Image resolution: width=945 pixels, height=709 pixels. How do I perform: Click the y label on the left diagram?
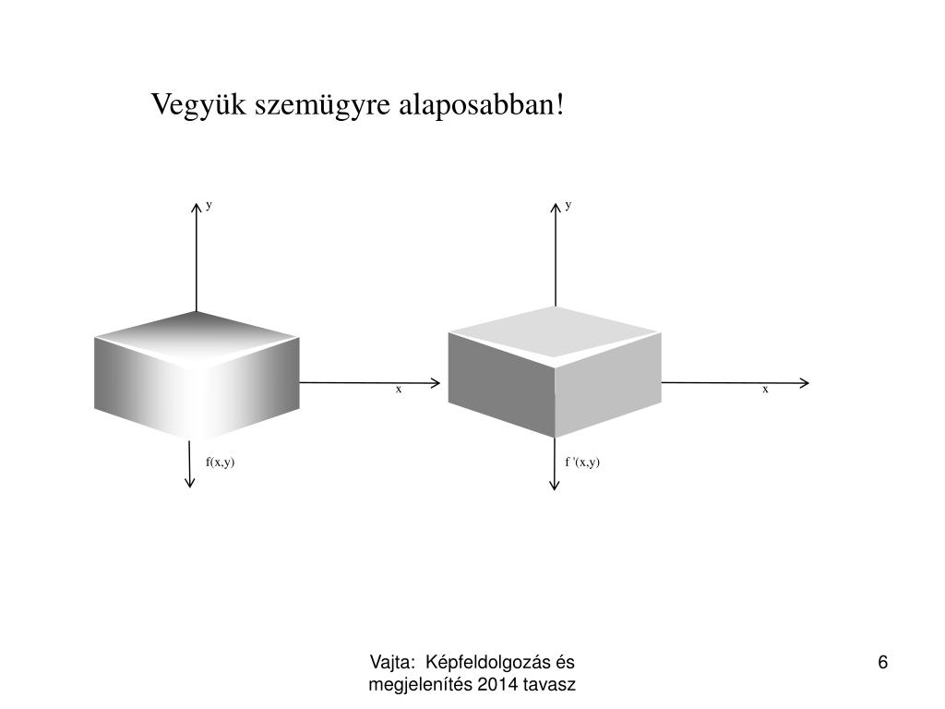tap(209, 205)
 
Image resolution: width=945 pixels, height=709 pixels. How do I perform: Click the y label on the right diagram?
tap(568, 205)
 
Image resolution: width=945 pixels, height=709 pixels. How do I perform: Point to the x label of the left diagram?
tap(399, 390)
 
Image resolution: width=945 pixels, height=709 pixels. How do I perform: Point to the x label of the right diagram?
tap(765, 390)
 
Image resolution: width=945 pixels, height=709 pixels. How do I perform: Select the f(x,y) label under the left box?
tap(220, 462)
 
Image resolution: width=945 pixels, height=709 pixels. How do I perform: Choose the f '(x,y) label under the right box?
tap(582, 462)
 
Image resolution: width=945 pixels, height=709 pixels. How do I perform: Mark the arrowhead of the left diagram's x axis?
tap(436, 382)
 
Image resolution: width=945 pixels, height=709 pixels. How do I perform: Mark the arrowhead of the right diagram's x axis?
tap(805, 382)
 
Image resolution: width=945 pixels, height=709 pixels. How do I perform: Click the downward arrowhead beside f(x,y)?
tap(190, 482)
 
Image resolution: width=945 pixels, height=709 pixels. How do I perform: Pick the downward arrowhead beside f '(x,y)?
tap(554, 484)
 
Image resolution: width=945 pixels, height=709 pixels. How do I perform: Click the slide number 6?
tap(883, 663)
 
